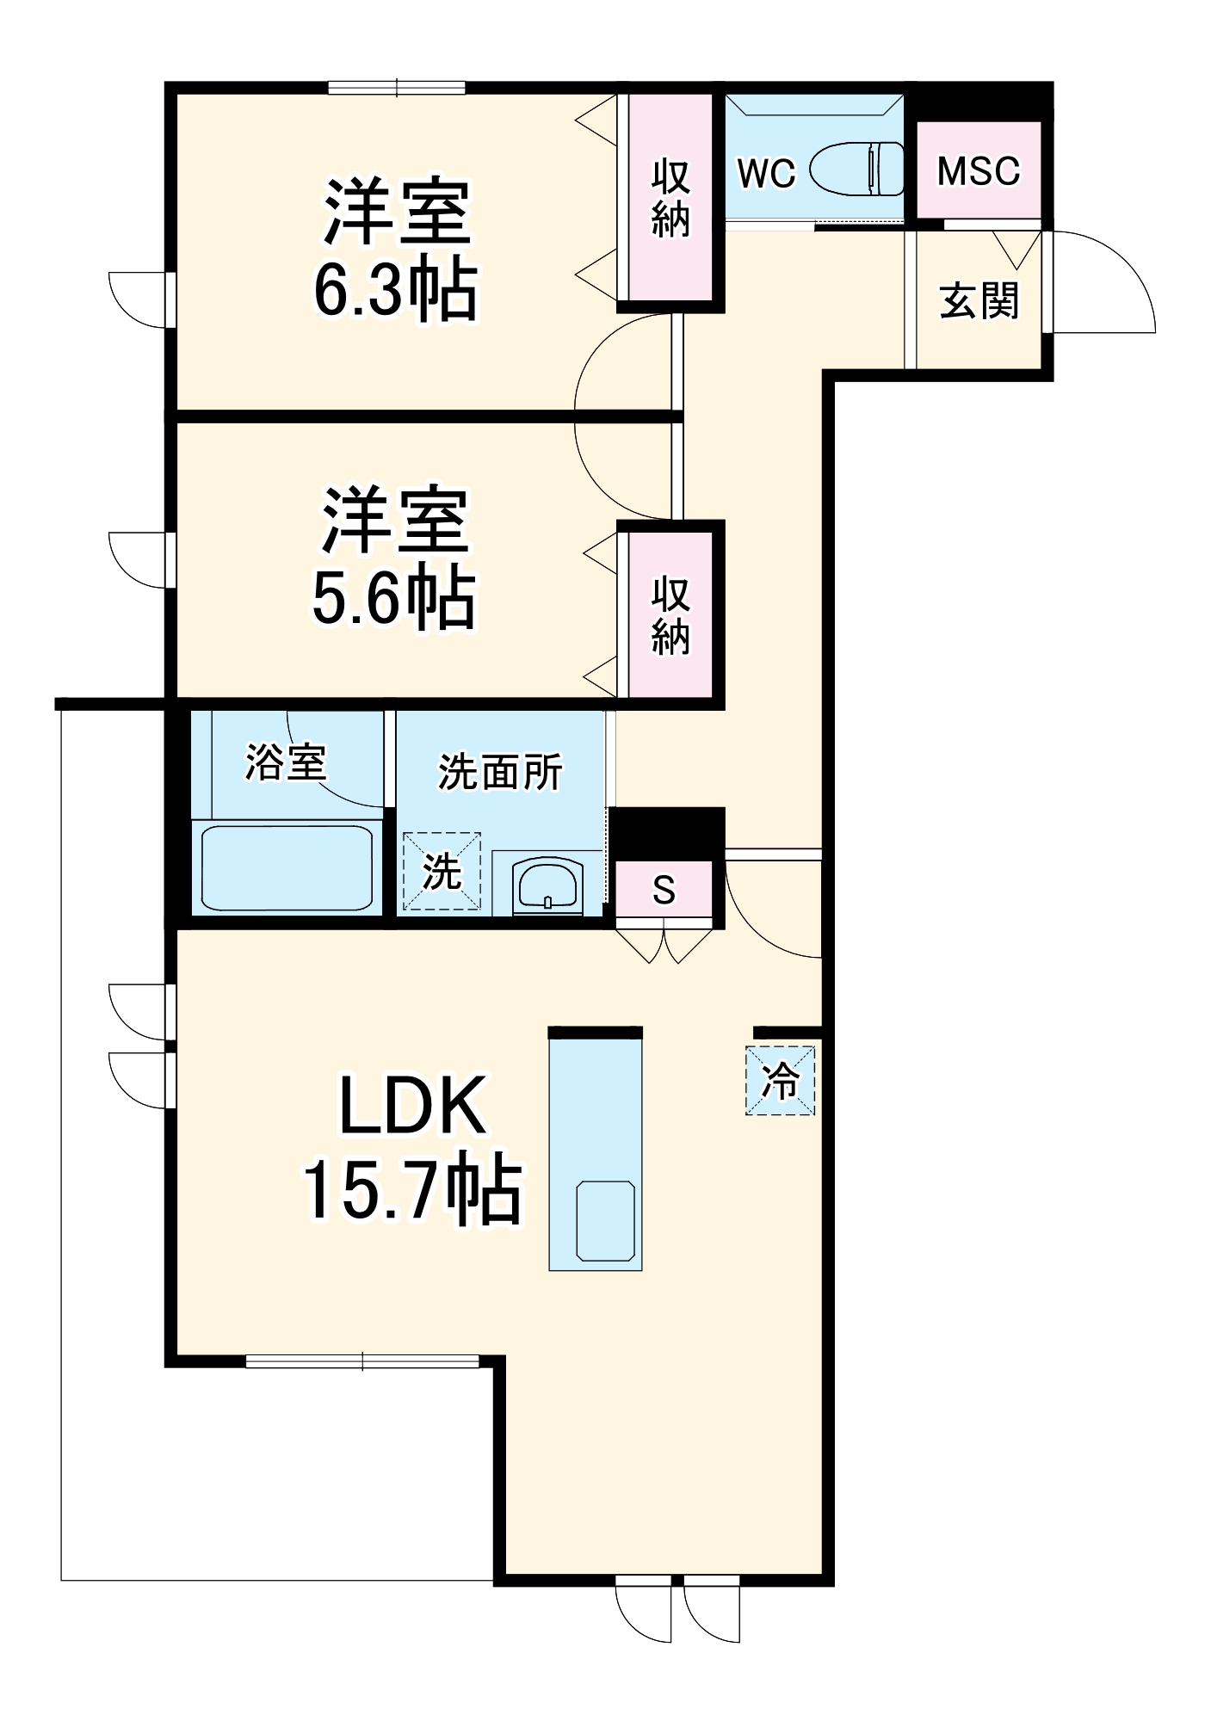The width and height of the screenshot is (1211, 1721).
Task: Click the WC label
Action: coord(766,173)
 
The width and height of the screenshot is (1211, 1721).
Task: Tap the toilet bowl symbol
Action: coord(857,169)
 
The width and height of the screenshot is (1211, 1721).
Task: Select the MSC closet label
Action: coord(979,170)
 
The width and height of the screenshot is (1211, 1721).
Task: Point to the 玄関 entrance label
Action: coord(979,301)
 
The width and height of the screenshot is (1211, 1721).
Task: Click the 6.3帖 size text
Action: coord(395,289)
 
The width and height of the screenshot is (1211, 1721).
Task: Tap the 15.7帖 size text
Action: coord(411,1189)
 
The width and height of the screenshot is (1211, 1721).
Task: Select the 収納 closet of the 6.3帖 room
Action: coord(670,198)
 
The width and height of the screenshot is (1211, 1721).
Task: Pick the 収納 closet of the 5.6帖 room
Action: coord(670,615)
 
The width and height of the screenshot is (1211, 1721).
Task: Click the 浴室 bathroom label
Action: coord(286,762)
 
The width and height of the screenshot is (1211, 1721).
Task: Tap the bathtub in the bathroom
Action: coord(287,867)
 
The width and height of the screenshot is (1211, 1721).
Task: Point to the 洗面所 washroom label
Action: coord(500,771)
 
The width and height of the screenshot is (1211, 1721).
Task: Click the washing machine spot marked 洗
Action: coord(442,871)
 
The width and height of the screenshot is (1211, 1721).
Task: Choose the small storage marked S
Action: coord(664,890)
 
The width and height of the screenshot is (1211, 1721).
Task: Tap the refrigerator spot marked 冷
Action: coord(780,1081)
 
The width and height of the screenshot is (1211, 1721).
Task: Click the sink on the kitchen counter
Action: coord(606,1221)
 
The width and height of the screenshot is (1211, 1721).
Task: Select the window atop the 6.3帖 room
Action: coord(397,87)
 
